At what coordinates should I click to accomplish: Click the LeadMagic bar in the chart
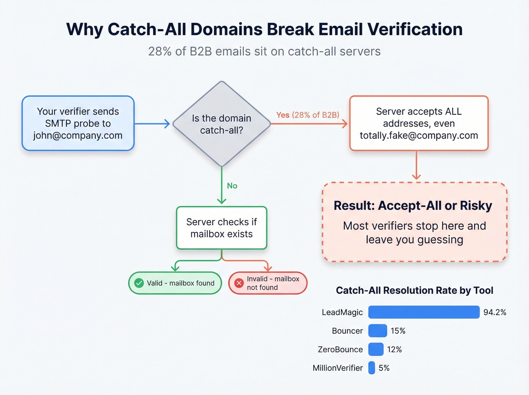coord(424,312)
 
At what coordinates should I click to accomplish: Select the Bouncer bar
coord(377,331)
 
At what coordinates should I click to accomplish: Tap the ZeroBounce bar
coord(376,349)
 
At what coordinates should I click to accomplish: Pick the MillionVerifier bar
coord(372,368)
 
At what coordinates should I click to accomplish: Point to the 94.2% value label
coord(495,312)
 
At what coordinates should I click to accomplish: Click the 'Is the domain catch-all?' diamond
coord(222,124)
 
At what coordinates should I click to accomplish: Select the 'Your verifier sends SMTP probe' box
coord(78,123)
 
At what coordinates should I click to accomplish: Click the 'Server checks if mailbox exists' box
coord(221,228)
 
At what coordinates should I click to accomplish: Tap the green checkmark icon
coord(139,283)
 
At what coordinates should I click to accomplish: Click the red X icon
coord(239,283)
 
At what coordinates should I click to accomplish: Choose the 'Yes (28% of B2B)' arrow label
coord(308,115)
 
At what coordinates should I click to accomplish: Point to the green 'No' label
coord(232,186)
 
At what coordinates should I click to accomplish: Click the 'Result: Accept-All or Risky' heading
coord(413,206)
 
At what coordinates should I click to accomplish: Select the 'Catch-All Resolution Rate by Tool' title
coord(415,290)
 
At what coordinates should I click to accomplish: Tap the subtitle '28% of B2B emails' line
coord(264,51)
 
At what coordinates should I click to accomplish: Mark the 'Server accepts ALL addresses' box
coord(419,123)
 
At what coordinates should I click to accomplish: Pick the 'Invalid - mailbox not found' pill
coord(268,283)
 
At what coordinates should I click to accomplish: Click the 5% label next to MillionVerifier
coord(384,368)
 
